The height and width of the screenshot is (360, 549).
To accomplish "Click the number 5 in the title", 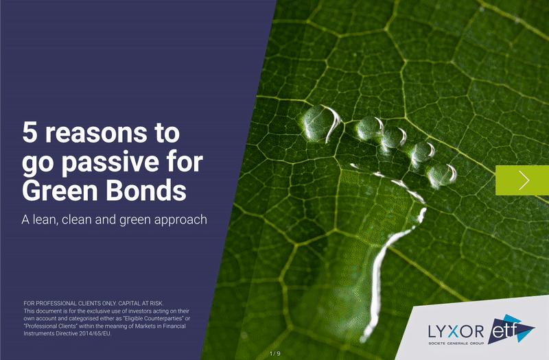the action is click(30, 132).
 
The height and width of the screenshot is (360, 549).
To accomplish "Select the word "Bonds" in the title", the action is click(146, 191).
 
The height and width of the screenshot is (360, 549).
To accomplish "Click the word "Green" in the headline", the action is click(61, 191).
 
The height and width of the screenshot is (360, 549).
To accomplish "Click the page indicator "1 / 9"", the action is click(275, 354).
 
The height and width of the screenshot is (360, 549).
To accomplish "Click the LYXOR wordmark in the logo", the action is click(456, 331).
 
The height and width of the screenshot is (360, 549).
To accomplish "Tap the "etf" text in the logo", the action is click(504, 331).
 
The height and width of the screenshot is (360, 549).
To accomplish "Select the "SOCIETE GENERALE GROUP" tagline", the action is click(456, 344).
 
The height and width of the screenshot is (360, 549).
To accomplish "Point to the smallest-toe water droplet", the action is click(442, 175).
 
